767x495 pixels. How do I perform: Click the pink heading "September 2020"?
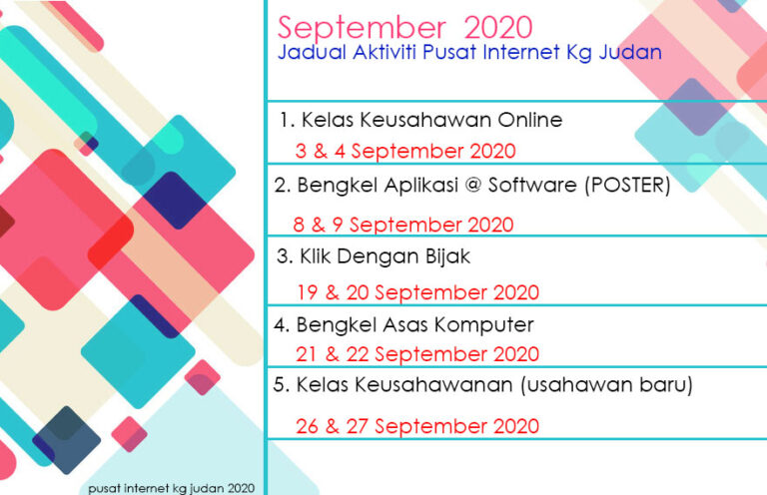404,28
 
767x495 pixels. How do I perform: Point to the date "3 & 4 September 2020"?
405,151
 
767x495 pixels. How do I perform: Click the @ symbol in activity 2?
473,186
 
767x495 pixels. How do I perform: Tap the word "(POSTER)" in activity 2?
627,186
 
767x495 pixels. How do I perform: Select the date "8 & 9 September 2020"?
403,225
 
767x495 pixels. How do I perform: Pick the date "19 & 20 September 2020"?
417,292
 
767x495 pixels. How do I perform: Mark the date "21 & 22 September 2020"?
417,354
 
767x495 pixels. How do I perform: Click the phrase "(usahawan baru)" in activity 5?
606,385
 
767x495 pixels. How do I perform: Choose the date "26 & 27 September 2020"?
417,426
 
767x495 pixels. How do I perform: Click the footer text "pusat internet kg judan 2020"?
171,488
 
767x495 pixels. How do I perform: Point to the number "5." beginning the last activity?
282,385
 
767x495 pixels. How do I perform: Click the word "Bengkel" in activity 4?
336,325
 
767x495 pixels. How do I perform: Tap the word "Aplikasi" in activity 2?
421,186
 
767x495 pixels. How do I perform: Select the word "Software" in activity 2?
532,186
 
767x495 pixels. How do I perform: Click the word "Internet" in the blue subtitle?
521,52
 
